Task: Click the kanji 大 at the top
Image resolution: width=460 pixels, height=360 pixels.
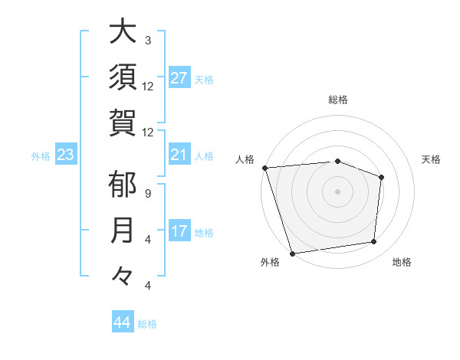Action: [124, 34]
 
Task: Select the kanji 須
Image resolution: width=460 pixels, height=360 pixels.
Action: [124, 77]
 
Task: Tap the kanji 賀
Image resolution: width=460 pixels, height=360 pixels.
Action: [124, 122]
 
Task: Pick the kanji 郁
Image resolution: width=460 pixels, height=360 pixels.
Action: [124, 186]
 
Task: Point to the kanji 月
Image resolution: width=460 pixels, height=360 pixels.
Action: [124, 231]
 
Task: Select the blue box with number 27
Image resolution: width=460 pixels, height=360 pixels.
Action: [179, 78]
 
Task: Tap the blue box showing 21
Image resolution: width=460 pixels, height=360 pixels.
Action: [179, 155]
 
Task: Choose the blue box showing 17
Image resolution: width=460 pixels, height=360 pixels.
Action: [179, 231]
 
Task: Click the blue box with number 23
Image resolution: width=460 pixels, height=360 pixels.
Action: [65, 155]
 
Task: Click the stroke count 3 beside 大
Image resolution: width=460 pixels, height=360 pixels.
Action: [148, 40]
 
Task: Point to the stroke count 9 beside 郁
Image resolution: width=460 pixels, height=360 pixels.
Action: [148, 193]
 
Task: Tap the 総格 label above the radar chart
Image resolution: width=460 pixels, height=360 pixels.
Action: [337, 100]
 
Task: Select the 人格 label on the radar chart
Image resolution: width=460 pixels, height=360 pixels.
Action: [245, 159]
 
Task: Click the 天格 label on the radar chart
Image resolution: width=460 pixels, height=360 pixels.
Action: [432, 159]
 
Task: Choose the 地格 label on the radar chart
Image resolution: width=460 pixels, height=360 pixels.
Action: [402, 263]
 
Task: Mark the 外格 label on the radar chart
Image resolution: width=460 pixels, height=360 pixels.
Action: [270, 263]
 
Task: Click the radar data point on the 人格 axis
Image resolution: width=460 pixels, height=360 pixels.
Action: [264, 167]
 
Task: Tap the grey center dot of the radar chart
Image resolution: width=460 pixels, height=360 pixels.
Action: [337, 191]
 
